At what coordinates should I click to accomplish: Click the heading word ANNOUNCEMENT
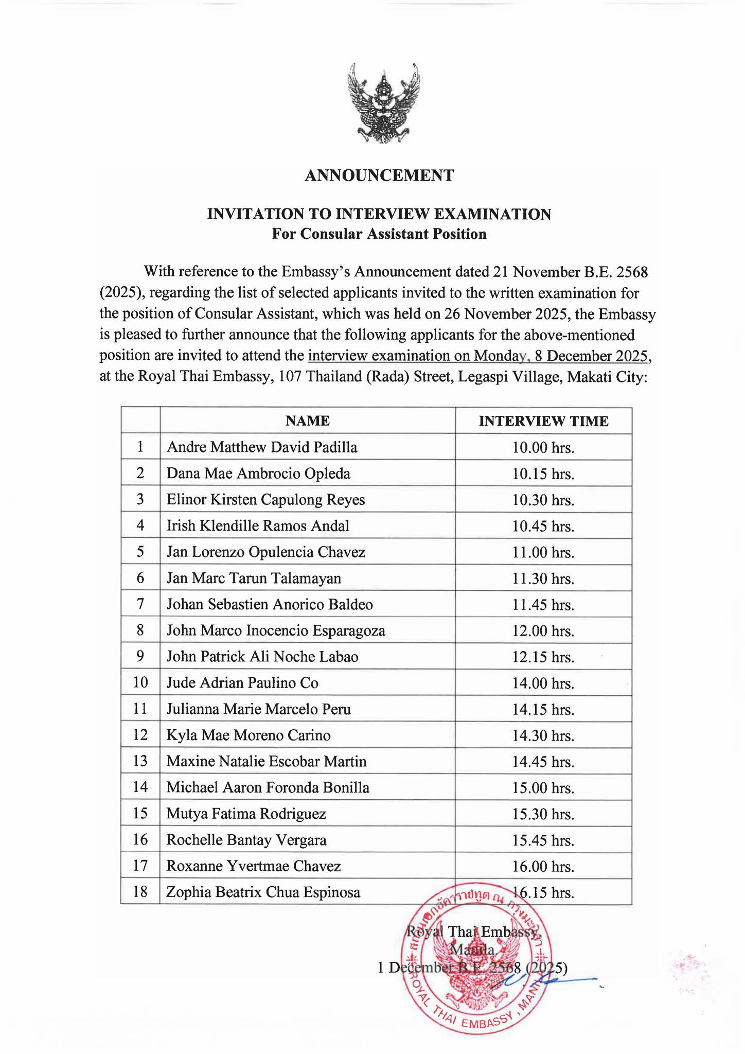pyautogui.click(x=379, y=175)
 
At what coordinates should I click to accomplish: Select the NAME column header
pyautogui.click(x=307, y=420)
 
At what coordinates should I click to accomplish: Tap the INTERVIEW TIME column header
pyautogui.click(x=543, y=421)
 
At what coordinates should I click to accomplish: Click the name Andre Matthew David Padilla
pyautogui.click(x=262, y=447)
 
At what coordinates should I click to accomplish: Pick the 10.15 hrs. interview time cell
pyautogui.click(x=543, y=473)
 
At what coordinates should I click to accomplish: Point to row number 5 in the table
pyautogui.click(x=140, y=552)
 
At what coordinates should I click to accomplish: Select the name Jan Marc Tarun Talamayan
pyautogui.click(x=254, y=578)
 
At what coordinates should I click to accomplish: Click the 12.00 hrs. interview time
pyautogui.click(x=543, y=631)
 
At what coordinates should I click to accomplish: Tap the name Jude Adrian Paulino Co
pyautogui.click(x=242, y=683)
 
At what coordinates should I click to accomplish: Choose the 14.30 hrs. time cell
pyautogui.click(x=543, y=736)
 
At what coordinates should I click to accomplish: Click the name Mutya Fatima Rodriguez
pyautogui.click(x=246, y=814)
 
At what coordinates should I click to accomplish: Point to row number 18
pyautogui.click(x=140, y=892)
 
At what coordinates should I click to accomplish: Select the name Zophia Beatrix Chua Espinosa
pyautogui.click(x=263, y=892)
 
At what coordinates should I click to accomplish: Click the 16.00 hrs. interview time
pyautogui.click(x=543, y=867)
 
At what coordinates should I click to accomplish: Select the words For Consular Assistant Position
pyautogui.click(x=379, y=234)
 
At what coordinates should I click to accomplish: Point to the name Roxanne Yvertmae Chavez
pyautogui.click(x=253, y=866)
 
